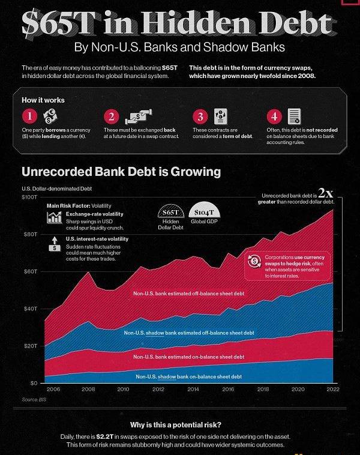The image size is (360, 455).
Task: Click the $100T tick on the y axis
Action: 29,197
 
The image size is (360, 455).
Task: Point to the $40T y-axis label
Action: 30,309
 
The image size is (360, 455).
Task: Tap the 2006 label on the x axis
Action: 53,390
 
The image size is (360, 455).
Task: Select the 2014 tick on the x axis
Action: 193,390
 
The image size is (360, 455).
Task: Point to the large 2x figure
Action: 325,193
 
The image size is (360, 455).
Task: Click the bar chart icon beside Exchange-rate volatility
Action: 55,218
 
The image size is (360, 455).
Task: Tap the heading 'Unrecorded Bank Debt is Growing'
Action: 121,172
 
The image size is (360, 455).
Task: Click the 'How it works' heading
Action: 43,100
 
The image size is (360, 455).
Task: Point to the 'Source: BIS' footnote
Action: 34,400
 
